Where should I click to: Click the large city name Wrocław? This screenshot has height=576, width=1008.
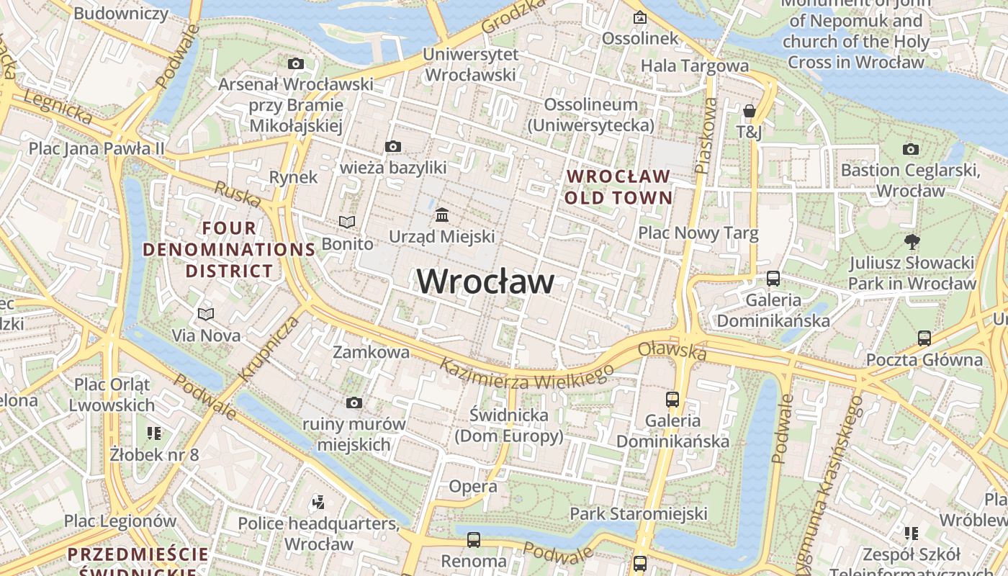pyautogui.click(x=485, y=281)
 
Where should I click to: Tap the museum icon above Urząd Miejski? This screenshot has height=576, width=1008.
pyautogui.click(x=441, y=215)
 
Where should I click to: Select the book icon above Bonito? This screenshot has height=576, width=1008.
pyautogui.click(x=347, y=222)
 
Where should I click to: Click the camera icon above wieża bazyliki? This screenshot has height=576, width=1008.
pyautogui.click(x=392, y=147)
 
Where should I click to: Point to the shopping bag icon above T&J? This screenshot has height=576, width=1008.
pyautogui.click(x=749, y=111)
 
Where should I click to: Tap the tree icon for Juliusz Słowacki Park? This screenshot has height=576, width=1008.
pyautogui.click(x=912, y=241)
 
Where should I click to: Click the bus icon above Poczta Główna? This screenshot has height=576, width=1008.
pyautogui.click(x=924, y=338)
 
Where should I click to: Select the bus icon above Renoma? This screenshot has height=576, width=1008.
pyautogui.click(x=473, y=539)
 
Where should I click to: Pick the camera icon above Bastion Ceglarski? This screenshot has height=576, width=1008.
pyautogui.click(x=910, y=150)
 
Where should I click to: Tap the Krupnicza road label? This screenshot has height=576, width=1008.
pyautogui.click(x=268, y=348)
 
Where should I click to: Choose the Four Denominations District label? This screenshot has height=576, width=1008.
pyautogui.click(x=229, y=249)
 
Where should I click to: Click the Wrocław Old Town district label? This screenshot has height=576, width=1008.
pyautogui.click(x=618, y=186)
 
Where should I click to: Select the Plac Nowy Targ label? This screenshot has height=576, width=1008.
pyautogui.click(x=698, y=233)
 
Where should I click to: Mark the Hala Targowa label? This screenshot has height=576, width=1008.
pyautogui.click(x=694, y=66)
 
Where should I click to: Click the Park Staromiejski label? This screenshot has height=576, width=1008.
pyautogui.click(x=638, y=513)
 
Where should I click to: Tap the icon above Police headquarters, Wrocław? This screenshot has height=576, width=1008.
pyautogui.click(x=318, y=501)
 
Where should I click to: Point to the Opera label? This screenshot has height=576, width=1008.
pyautogui.click(x=472, y=486)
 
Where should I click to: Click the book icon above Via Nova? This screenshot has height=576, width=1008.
pyautogui.click(x=206, y=314)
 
